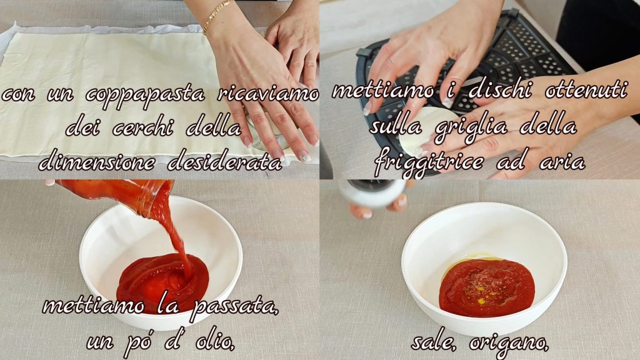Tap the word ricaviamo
point(267,94)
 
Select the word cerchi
point(142,127)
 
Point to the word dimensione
point(97,163)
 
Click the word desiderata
point(225,162)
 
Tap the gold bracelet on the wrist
point(216,15)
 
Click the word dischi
point(500,89)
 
